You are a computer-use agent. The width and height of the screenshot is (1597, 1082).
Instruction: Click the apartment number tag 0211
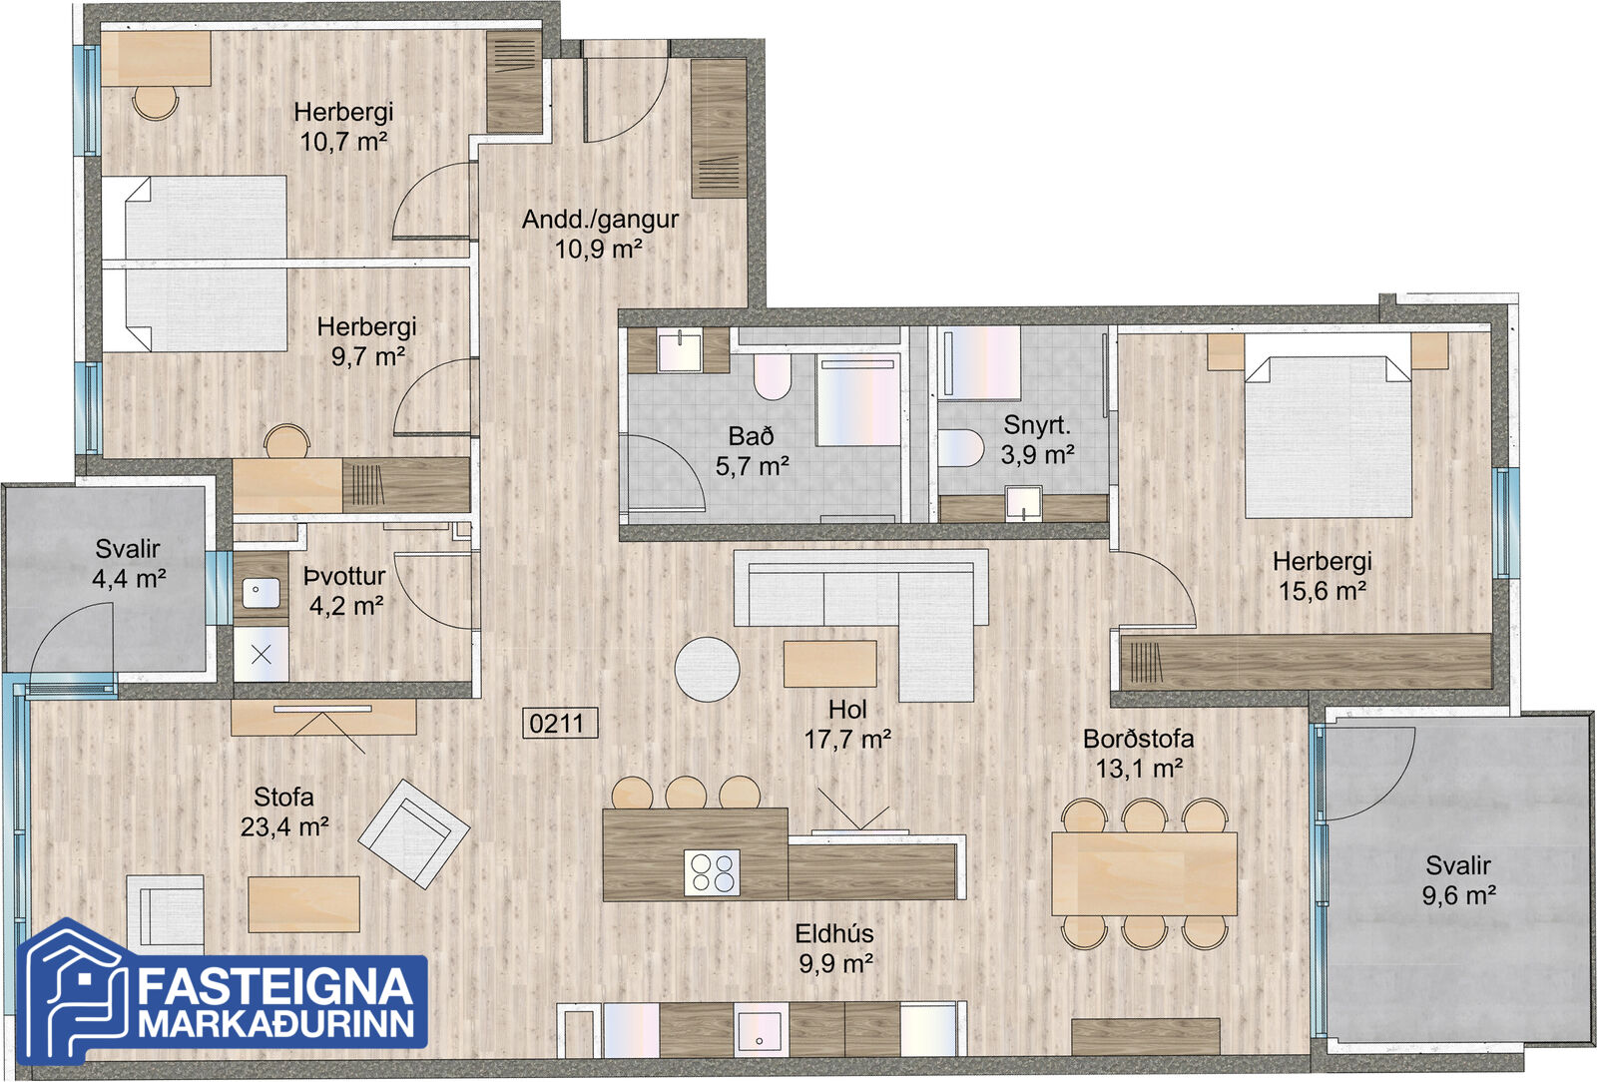coord(560,724)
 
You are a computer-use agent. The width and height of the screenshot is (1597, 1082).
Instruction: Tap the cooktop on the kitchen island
coord(712,872)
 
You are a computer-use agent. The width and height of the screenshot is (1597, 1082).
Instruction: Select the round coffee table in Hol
coord(708,669)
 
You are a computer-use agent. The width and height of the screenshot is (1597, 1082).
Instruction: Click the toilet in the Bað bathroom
coord(773,376)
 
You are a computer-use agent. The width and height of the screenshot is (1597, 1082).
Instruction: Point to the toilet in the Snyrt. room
coord(960,447)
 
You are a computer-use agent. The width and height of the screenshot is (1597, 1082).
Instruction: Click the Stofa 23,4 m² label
coord(283,811)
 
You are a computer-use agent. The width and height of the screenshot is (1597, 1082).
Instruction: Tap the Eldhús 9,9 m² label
coord(834,948)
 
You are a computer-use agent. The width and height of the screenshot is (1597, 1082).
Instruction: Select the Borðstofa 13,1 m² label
coord(1139,754)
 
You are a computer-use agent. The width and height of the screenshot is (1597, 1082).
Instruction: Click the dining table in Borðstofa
coord(1144,873)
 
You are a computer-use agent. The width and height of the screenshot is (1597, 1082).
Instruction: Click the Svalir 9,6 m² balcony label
coord(1458,880)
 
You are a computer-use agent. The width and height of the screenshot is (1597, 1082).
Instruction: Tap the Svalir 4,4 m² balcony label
coord(129,563)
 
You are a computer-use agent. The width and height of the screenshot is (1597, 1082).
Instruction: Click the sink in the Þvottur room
coord(261,592)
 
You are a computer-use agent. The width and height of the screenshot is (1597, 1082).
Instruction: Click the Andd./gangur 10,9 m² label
coord(600,234)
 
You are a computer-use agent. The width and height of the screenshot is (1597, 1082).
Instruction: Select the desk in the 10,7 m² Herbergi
coord(156,59)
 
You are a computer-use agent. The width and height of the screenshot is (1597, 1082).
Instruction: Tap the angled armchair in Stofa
coord(413,833)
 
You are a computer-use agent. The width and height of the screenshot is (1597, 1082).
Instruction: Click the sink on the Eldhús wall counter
coord(762,1029)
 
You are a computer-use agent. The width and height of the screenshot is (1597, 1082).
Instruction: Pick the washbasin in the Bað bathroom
coord(680,350)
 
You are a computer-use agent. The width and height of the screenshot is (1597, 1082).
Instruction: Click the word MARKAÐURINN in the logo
coord(275,1023)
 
